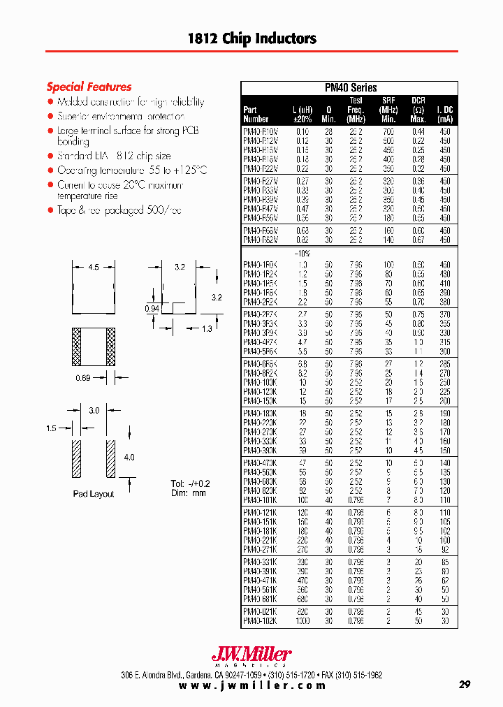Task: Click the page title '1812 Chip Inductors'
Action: click(x=251, y=38)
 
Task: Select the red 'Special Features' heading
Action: click(x=89, y=87)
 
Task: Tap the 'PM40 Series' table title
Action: click(x=351, y=88)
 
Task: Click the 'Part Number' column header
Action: click(x=255, y=114)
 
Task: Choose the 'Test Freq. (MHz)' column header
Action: click(x=356, y=110)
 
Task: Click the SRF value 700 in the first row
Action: click(x=388, y=131)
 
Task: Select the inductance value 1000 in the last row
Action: click(x=302, y=621)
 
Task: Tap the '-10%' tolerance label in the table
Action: click(x=302, y=253)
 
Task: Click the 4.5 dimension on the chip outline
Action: click(x=93, y=266)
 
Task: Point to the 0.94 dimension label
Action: click(x=152, y=308)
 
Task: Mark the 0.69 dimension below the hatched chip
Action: click(x=83, y=378)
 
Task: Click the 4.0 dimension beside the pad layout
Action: click(x=129, y=458)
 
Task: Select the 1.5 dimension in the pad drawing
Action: click(x=52, y=428)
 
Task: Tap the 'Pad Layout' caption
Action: click(x=93, y=494)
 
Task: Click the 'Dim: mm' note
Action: click(x=188, y=493)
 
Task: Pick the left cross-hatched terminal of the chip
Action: click(x=77, y=347)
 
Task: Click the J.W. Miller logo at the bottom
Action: click(x=251, y=655)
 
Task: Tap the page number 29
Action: click(x=465, y=685)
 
